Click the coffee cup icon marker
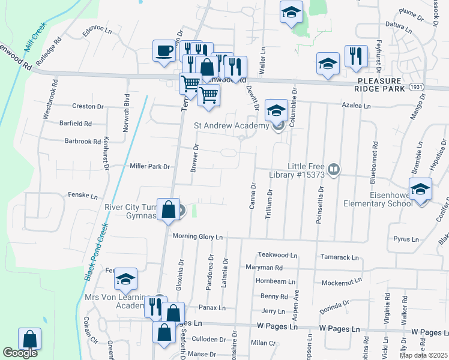163,50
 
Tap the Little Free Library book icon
334,170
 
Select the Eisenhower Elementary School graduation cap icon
420,188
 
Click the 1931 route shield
418,87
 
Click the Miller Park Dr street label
150,166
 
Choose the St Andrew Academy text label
232,126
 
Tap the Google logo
20,353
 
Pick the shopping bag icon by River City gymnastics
168,210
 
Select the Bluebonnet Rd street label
374,162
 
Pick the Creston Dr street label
88,106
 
